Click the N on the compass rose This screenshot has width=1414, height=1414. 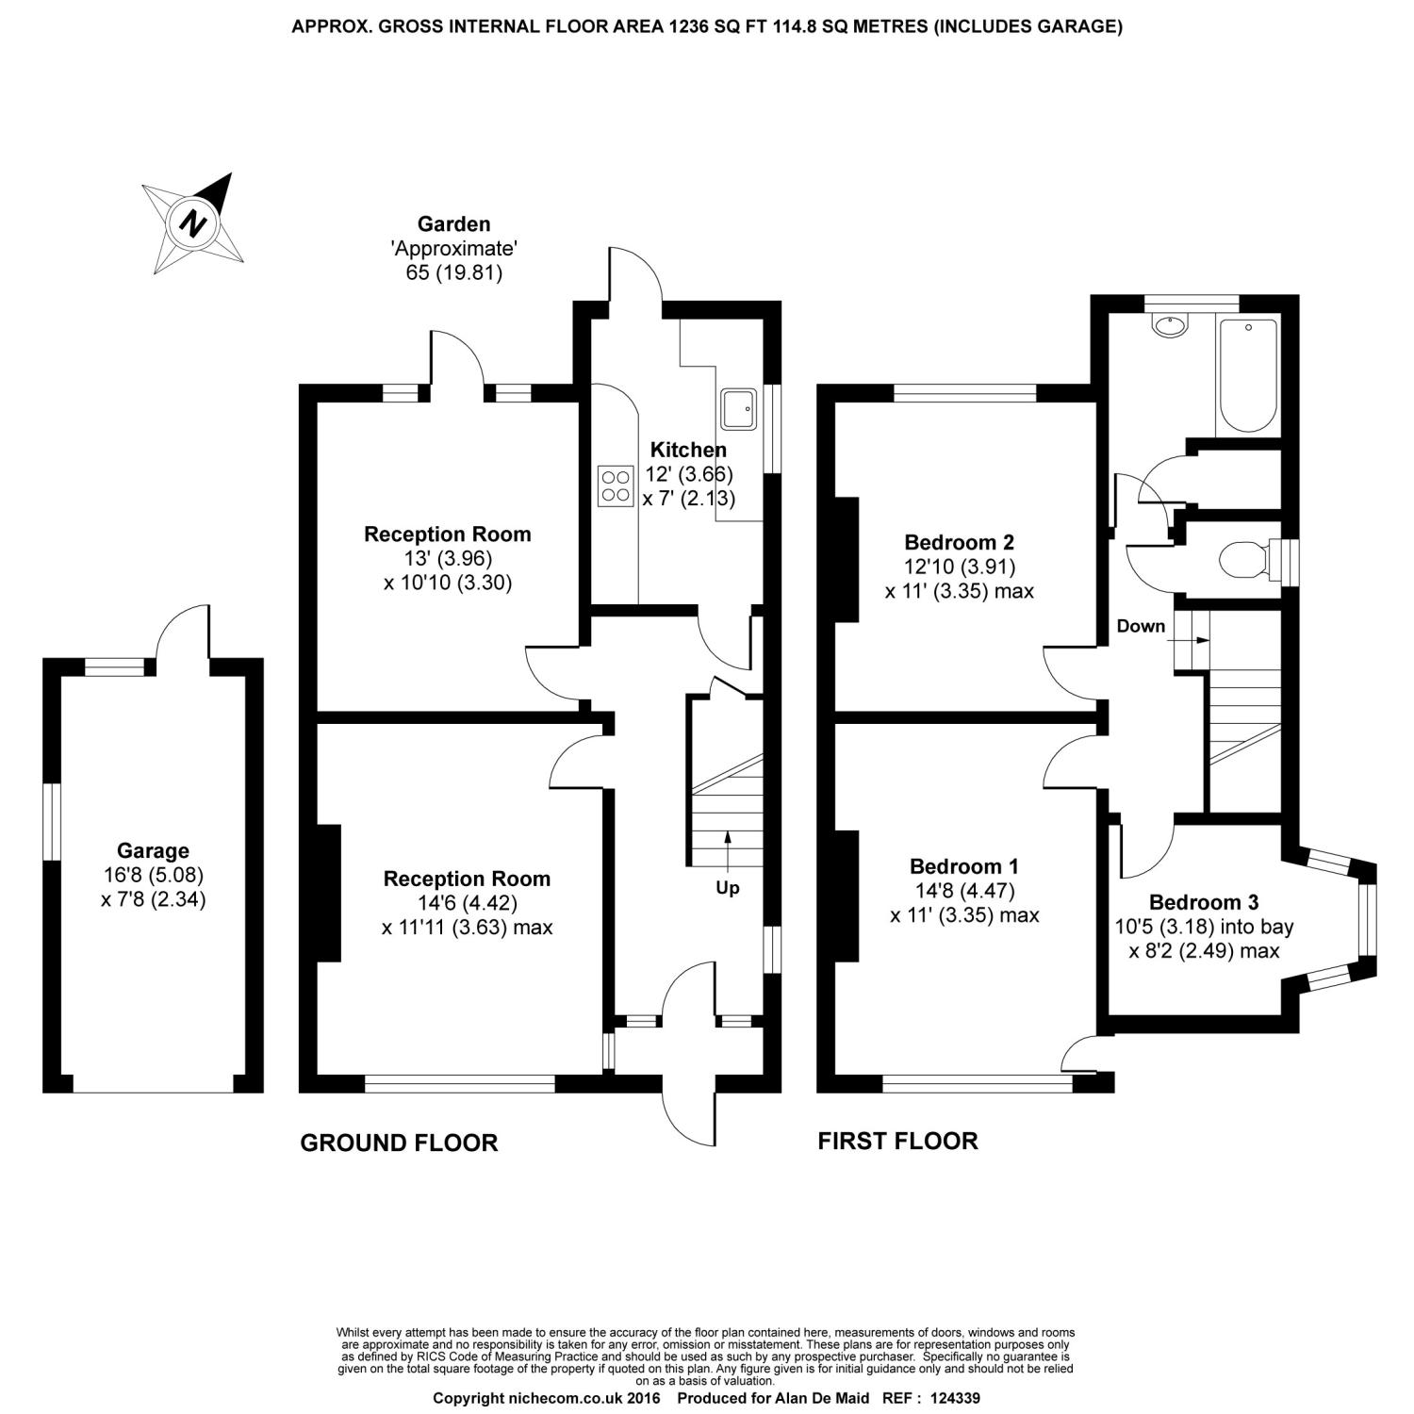coord(194,223)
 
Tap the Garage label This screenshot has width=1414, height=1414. coord(153,851)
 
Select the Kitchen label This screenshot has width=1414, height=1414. coord(688,451)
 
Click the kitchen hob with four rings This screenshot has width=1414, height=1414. coord(616,486)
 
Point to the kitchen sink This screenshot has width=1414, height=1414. coord(738,406)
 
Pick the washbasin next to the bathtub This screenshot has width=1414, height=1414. coord(1172,326)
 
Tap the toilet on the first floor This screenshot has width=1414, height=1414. coord(1243,560)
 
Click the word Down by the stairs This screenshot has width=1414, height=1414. coord(1141,626)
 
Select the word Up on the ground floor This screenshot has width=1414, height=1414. coord(728,888)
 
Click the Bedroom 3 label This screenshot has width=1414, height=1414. coord(1204,902)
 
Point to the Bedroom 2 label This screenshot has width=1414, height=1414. coord(959,542)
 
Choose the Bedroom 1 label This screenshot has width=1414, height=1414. coord(964,866)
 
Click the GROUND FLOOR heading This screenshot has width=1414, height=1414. coord(399,1143)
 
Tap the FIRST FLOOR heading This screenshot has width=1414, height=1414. coord(897,1142)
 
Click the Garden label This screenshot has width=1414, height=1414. coord(454,224)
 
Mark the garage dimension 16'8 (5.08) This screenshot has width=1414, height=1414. coord(153,875)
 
